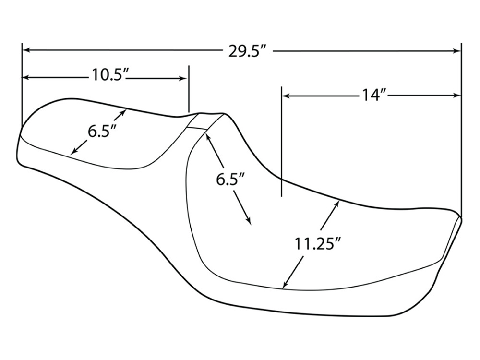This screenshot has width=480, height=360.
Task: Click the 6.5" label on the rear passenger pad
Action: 102,131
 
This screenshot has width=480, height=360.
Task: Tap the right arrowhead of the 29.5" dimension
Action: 457,50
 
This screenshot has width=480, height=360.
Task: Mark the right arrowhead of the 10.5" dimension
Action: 183,78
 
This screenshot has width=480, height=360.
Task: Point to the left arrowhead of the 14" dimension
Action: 285,96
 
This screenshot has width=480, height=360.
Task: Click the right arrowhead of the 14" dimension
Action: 457,96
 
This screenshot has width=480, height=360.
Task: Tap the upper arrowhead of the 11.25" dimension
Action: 337,204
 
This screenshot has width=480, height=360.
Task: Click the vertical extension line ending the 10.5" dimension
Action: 189,89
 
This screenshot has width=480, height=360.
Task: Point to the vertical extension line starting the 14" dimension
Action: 282,144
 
